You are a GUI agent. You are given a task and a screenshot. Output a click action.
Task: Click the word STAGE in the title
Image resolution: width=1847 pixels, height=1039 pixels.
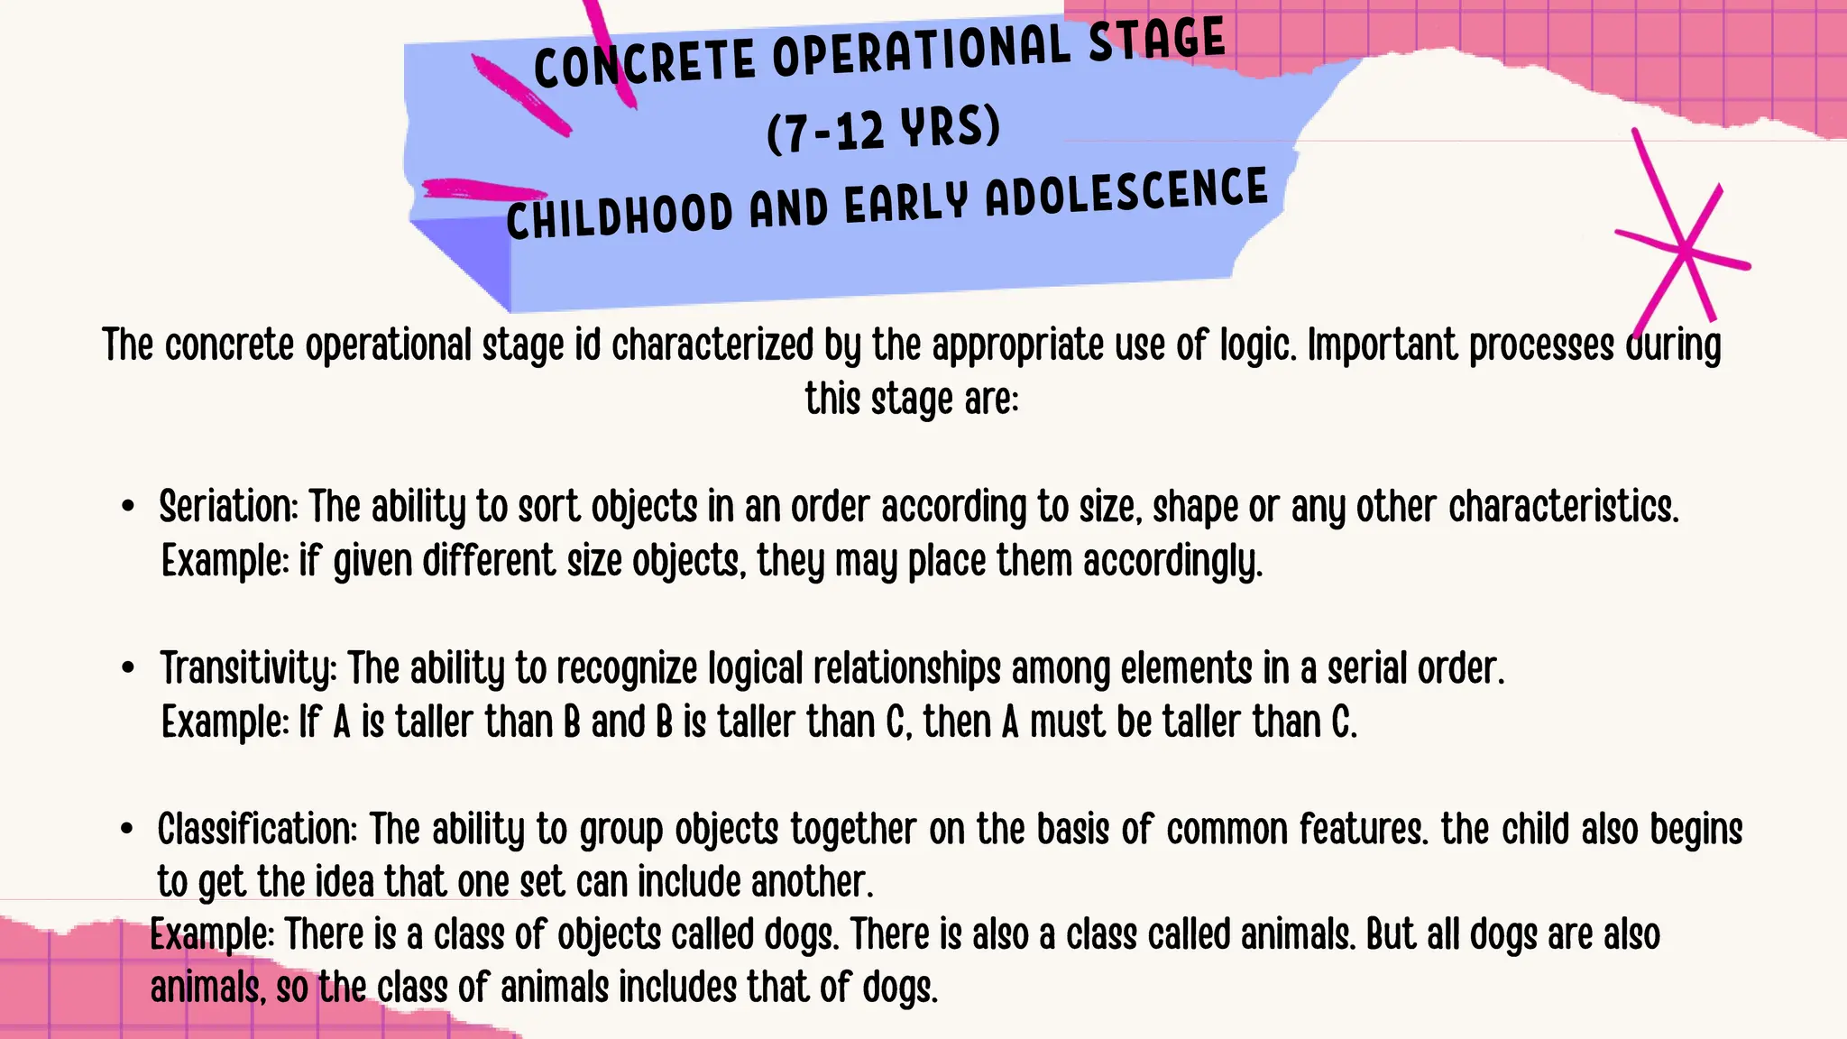(1157, 41)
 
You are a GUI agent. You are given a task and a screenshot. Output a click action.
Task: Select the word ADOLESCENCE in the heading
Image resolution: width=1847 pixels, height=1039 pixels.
(1126, 192)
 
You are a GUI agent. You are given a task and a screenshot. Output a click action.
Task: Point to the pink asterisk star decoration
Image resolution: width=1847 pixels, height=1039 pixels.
(1683, 252)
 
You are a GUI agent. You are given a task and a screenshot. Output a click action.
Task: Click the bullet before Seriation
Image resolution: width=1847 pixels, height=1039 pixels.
(128, 507)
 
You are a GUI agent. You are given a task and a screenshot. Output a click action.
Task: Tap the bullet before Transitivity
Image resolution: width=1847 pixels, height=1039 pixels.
(128, 668)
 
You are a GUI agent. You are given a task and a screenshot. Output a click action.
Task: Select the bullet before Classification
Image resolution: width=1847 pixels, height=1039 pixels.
(128, 829)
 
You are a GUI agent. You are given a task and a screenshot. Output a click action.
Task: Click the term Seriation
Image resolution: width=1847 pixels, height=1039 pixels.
(227, 507)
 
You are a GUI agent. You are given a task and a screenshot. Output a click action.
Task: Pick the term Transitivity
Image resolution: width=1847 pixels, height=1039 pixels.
(248, 669)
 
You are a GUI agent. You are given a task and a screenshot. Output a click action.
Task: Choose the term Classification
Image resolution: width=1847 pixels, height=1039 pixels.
(257, 830)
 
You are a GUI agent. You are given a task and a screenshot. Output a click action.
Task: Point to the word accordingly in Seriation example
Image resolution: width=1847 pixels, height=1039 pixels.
(1172, 562)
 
